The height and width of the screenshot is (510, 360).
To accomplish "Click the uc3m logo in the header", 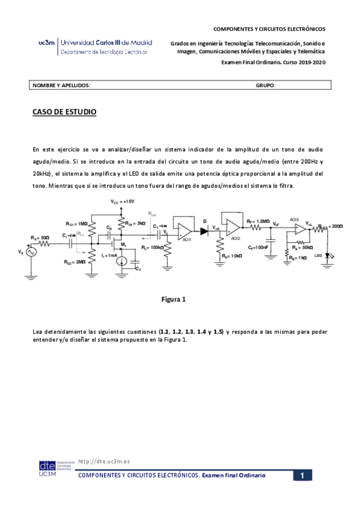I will (x=46, y=43).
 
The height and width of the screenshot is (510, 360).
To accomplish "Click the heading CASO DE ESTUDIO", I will (x=64, y=112).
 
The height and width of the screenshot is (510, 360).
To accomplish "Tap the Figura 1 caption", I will (x=174, y=299).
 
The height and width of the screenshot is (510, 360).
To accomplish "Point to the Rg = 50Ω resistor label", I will (x=41, y=238).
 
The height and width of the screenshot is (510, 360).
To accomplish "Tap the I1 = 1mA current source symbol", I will (x=121, y=261).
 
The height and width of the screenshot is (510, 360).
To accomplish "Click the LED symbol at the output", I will (x=329, y=255).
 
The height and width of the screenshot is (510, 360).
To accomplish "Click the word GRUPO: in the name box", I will (x=265, y=86).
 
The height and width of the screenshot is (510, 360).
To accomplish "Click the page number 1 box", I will (x=303, y=476).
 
